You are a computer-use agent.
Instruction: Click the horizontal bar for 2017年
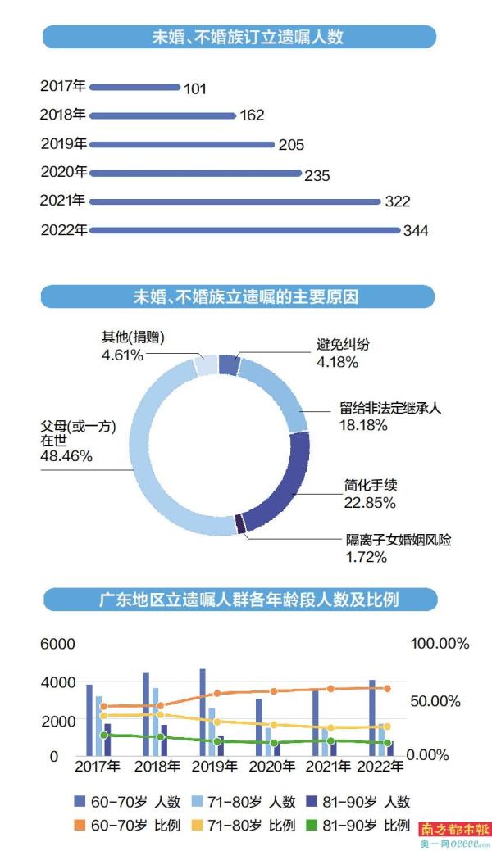[135, 86]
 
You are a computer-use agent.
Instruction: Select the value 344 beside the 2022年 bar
[416, 231]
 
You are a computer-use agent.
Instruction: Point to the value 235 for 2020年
[317, 175]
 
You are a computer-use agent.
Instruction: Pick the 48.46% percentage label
[66, 456]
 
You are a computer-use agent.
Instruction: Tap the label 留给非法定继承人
[391, 408]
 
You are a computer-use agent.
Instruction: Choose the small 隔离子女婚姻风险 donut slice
[239, 525]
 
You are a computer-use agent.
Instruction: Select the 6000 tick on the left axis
[56, 645]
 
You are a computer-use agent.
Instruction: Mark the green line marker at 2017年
[103, 736]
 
